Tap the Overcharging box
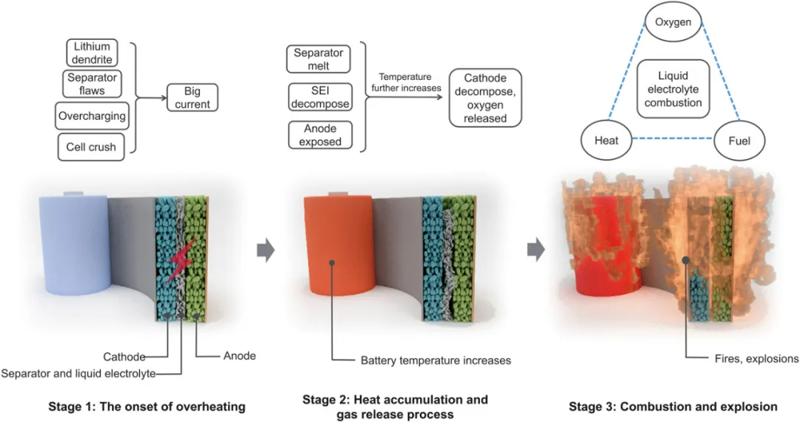(91, 116)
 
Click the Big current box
(192, 98)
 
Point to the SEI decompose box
(318, 97)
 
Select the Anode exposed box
(318, 135)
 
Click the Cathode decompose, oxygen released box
(484, 98)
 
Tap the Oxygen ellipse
(673, 22)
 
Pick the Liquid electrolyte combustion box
(673, 90)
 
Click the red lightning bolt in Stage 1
(182, 259)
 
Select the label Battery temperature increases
(436, 361)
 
